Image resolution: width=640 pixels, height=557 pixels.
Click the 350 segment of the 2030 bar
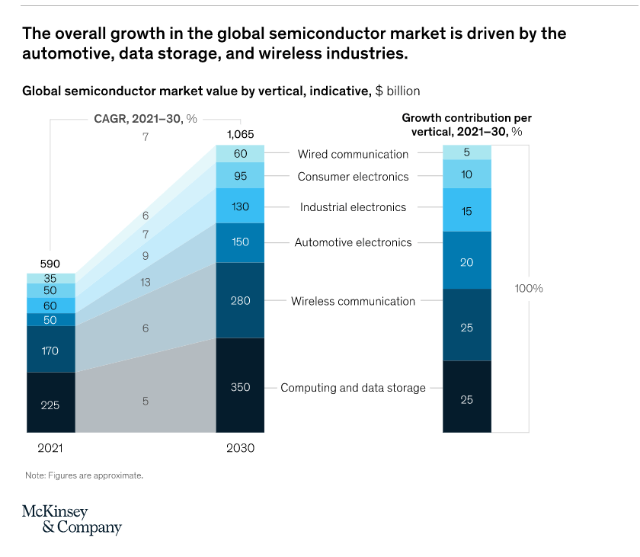[x=240, y=386]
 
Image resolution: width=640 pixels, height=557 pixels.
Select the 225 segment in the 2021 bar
[x=51, y=404]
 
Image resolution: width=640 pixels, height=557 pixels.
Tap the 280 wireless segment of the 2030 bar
[x=240, y=300]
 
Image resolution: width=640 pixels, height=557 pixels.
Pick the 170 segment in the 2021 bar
[x=51, y=350]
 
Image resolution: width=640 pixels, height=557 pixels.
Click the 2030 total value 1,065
[x=240, y=135]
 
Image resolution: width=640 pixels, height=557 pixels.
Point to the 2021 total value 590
[x=50, y=264]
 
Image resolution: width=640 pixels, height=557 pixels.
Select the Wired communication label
[x=353, y=154]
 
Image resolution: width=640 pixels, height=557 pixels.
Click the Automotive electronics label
[x=353, y=242]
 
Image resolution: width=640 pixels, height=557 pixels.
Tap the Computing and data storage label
[x=353, y=388]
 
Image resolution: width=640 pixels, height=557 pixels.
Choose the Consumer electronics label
[x=353, y=177]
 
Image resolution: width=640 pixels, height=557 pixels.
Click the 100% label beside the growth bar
[x=528, y=289]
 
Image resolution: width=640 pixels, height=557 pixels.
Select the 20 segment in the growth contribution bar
[x=467, y=261]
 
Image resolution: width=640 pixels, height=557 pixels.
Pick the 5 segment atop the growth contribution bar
[x=467, y=152]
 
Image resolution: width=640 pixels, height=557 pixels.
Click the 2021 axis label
[x=50, y=448]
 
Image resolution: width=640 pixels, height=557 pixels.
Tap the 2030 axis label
[x=240, y=448]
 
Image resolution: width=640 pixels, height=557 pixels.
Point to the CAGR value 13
[x=146, y=282]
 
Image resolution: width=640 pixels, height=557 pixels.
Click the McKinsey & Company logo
[x=72, y=519]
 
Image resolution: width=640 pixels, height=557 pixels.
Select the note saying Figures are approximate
[x=84, y=475]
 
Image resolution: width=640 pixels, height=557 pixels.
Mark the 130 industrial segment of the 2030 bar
[x=240, y=206]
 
